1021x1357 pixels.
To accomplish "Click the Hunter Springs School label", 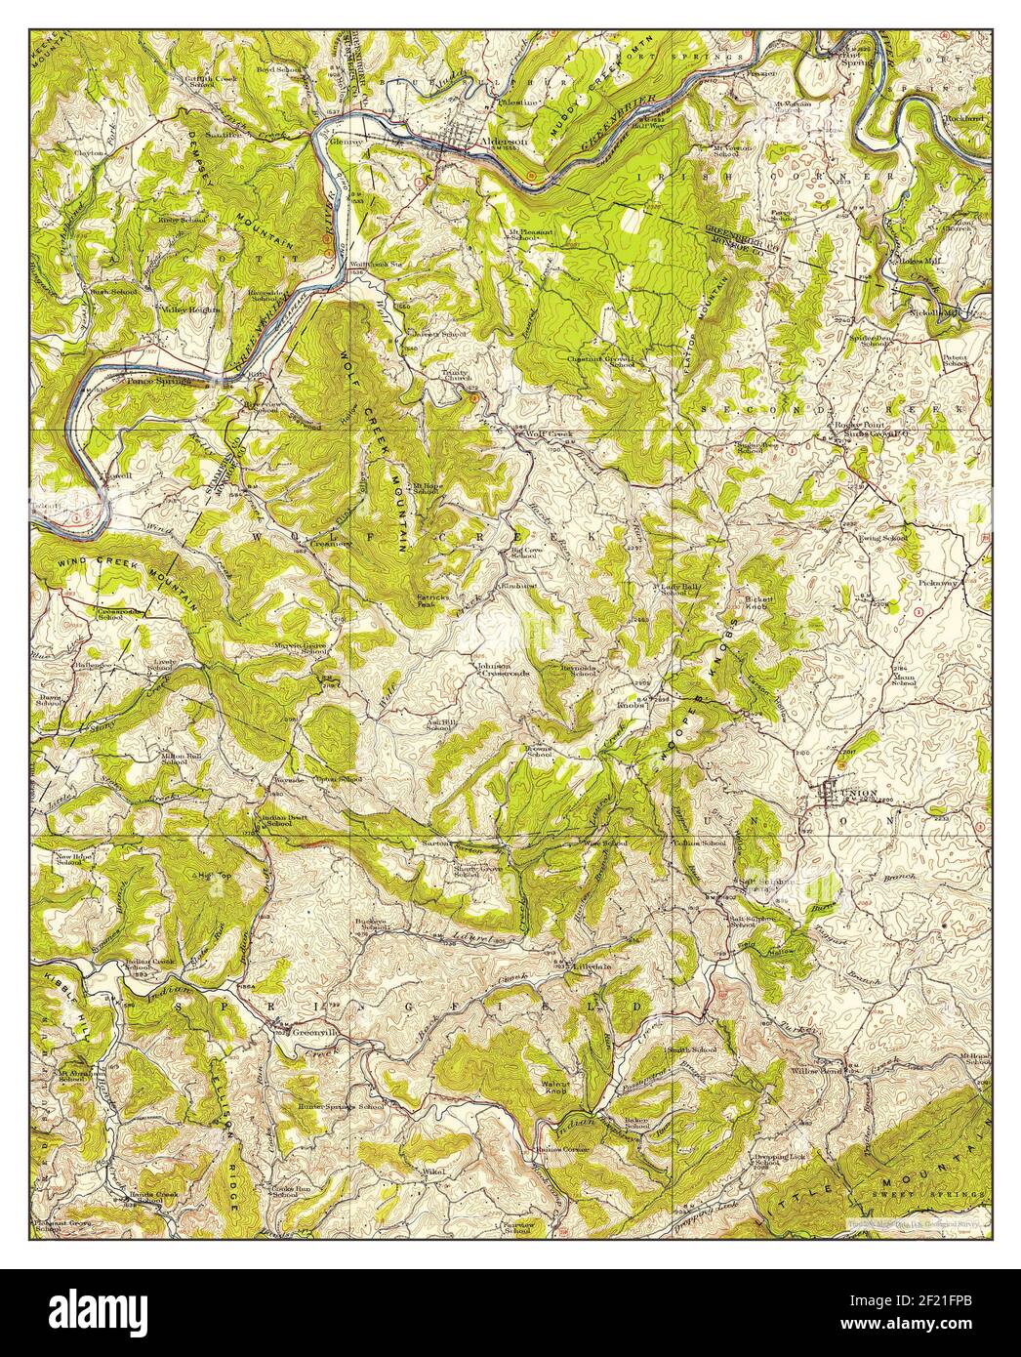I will (340, 1107).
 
